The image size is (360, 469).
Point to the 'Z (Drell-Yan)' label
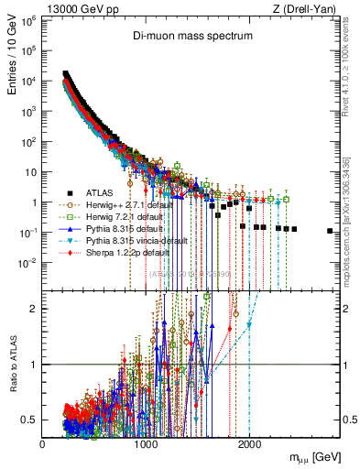click(x=308, y=8)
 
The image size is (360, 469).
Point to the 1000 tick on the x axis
click(x=146, y=442)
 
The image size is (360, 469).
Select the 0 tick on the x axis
click(x=43, y=442)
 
